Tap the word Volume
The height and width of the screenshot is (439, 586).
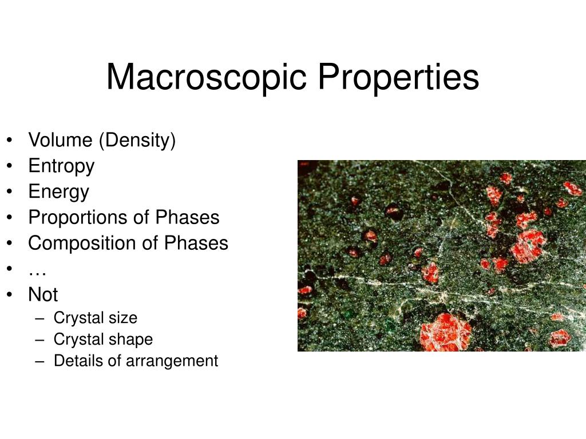point(61,140)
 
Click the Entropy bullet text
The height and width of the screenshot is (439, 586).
point(61,166)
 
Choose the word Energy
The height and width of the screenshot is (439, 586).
point(59,192)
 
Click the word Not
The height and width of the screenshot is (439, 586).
point(43,295)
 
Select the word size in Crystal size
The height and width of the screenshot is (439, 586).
point(123,318)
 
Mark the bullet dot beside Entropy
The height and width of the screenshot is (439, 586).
point(11,166)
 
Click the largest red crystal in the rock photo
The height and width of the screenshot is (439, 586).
point(446,333)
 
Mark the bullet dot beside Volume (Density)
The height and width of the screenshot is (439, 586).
point(11,141)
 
